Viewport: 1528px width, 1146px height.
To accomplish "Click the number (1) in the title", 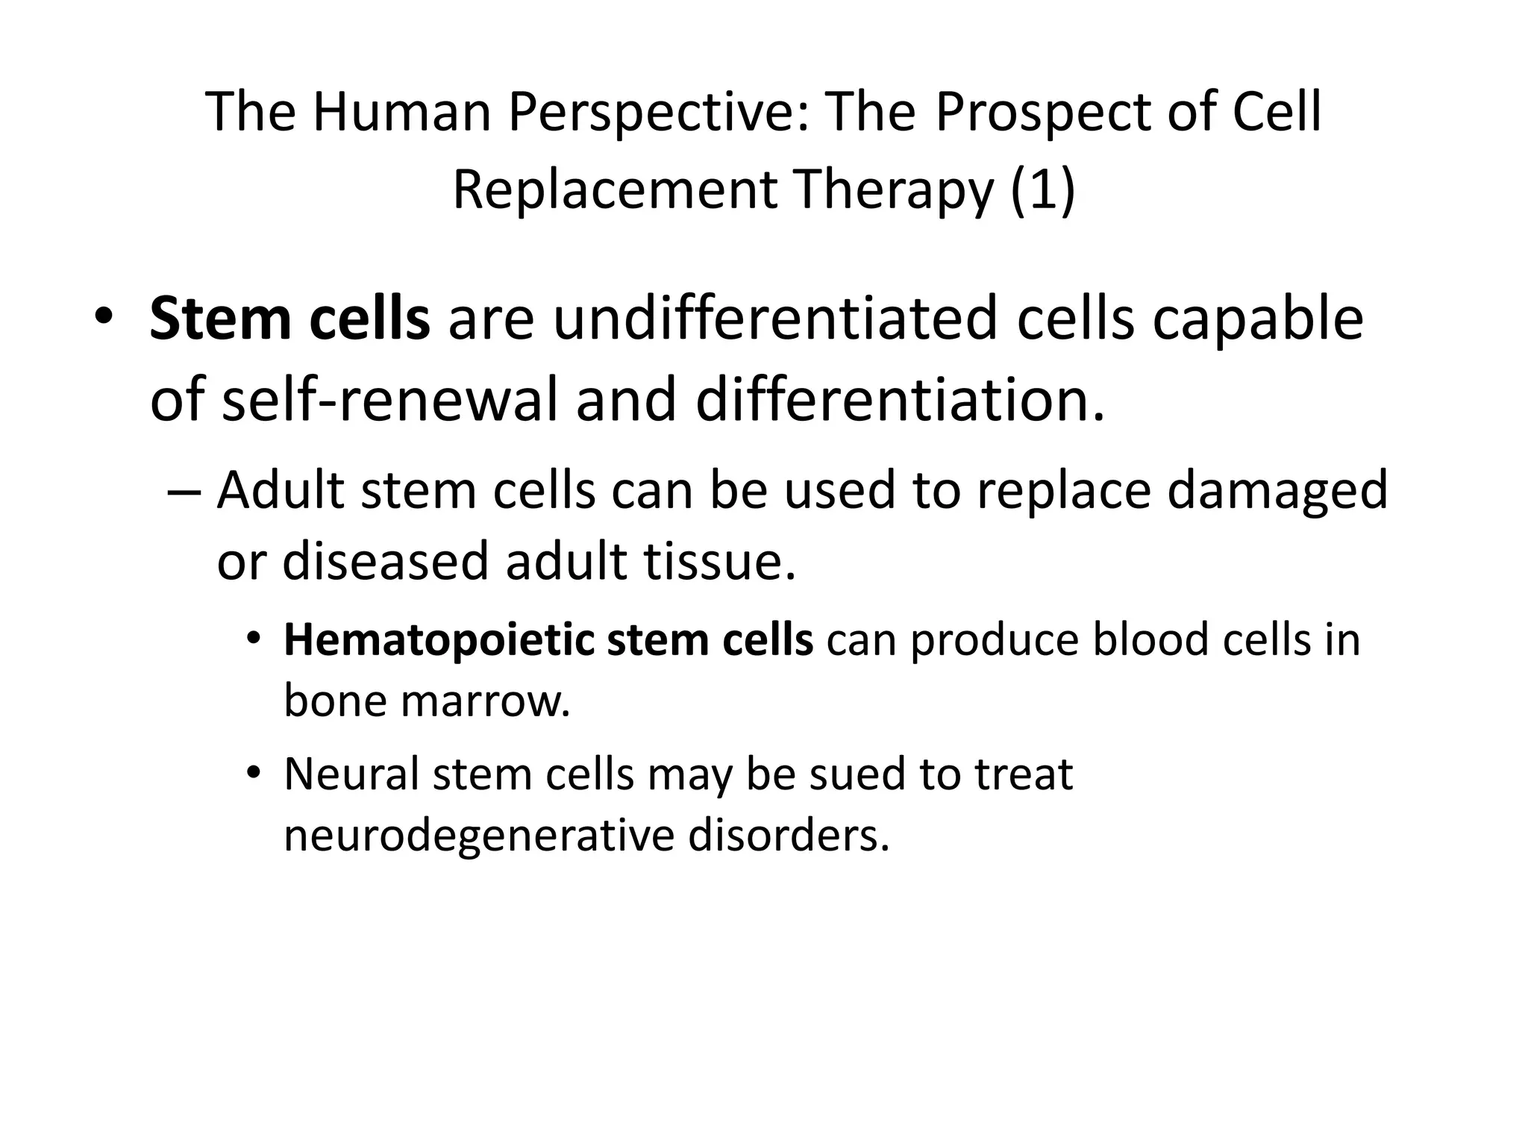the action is tap(1045, 191).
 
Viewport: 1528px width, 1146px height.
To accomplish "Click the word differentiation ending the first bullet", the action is tap(900, 399).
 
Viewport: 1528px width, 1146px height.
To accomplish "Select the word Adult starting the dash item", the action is tap(281, 491).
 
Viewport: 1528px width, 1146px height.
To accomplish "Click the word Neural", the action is tap(351, 774).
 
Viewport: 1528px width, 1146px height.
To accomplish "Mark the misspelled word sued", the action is tap(857, 774).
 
